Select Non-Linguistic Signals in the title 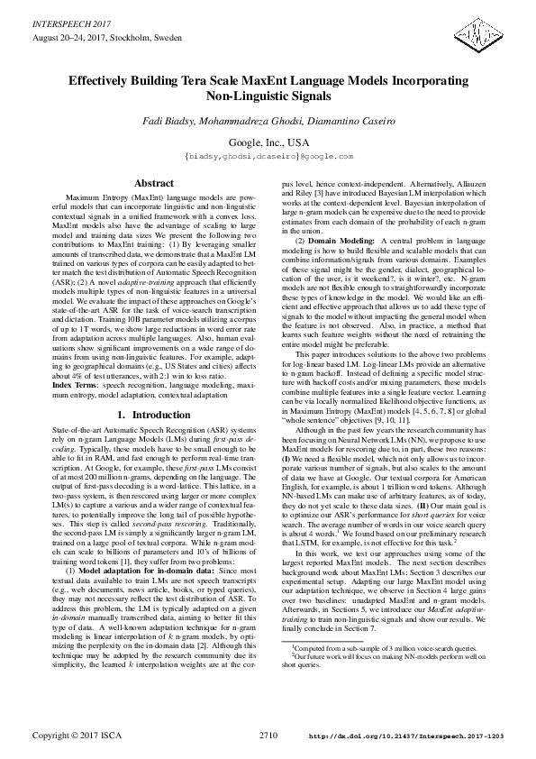point(268,95)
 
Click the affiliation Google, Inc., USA point(268,142)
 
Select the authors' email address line point(268,156)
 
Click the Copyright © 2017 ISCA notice point(69,736)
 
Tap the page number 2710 point(268,736)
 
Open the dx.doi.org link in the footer point(406,736)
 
